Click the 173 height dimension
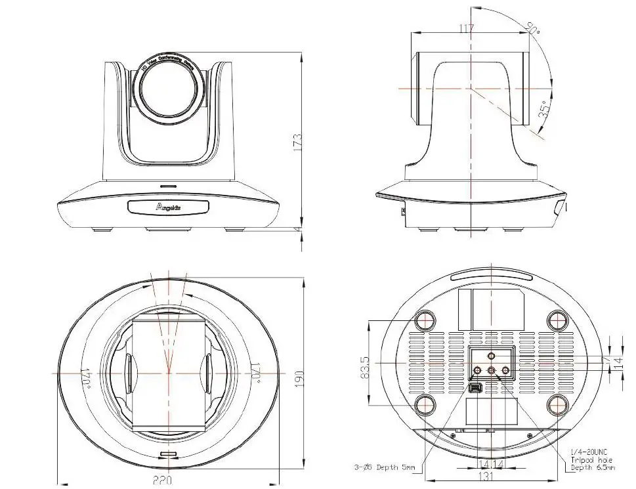point(297,140)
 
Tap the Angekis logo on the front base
point(168,207)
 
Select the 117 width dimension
point(467,28)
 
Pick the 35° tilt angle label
point(544,112)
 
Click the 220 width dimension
point(162,481)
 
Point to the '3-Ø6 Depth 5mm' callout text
point(384,467)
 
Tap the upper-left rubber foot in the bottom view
point(425,320)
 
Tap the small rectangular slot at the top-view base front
point(169,455)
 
